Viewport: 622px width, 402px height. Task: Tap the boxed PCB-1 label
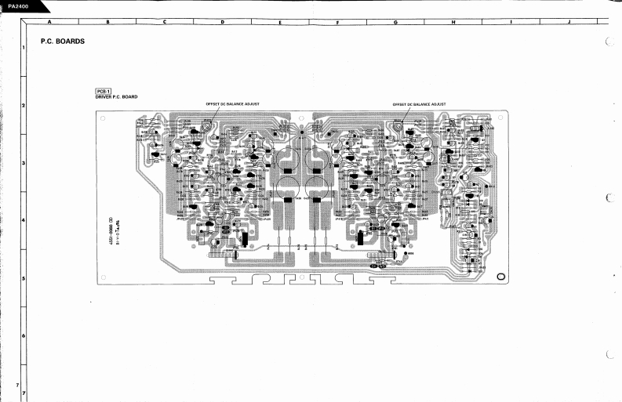point(103,91)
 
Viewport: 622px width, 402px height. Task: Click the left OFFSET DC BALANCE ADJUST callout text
point(232,103)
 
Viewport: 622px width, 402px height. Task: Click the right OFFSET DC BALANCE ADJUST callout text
point(419,103)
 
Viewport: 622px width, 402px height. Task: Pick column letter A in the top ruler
point(49,21)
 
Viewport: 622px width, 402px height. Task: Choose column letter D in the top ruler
point(222,21)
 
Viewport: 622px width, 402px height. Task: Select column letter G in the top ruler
point(395,21)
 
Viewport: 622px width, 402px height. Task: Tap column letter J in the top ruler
point(567,21)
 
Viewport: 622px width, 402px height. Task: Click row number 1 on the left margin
point(24,49)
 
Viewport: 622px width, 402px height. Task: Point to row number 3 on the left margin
point(24,163)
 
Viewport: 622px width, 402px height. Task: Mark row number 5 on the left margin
point(24,278)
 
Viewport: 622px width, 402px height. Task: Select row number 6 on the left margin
point(24,336)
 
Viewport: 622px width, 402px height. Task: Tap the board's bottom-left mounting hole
point(103,277)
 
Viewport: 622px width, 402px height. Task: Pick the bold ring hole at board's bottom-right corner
point(501,276)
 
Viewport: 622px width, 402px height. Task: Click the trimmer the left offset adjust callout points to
point(206,126)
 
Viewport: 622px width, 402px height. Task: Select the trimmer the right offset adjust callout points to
point(398,126)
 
